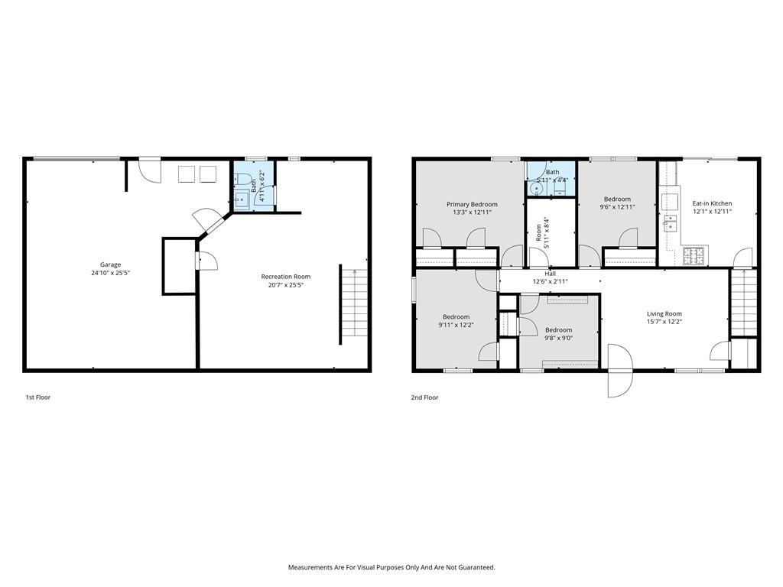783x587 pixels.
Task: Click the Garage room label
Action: click(110, 264)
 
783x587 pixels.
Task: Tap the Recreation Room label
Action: click(286, 277)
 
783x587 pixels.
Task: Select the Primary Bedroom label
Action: click(472, 204)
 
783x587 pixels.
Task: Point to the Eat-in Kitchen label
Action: click(712, 203)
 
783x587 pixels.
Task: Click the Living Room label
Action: click(664, 314)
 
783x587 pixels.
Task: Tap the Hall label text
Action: click(550, 274)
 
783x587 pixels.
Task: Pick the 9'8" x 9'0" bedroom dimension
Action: click(559, 338)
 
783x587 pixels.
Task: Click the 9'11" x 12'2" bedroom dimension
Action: click(456, 325)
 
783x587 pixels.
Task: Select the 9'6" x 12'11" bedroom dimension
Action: click(617, 206)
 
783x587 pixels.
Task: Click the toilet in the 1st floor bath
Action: click(244, 177)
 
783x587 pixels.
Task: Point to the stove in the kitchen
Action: click(693, 256)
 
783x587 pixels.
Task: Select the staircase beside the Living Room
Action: click(745, 303)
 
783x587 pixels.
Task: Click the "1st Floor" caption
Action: click(38, 397)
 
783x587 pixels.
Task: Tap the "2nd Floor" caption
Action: click(424, 397)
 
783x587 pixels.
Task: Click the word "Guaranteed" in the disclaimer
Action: click(477, 568)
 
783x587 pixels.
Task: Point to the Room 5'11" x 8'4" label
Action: click(542, 232)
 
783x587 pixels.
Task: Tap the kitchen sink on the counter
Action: click(669, 222)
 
